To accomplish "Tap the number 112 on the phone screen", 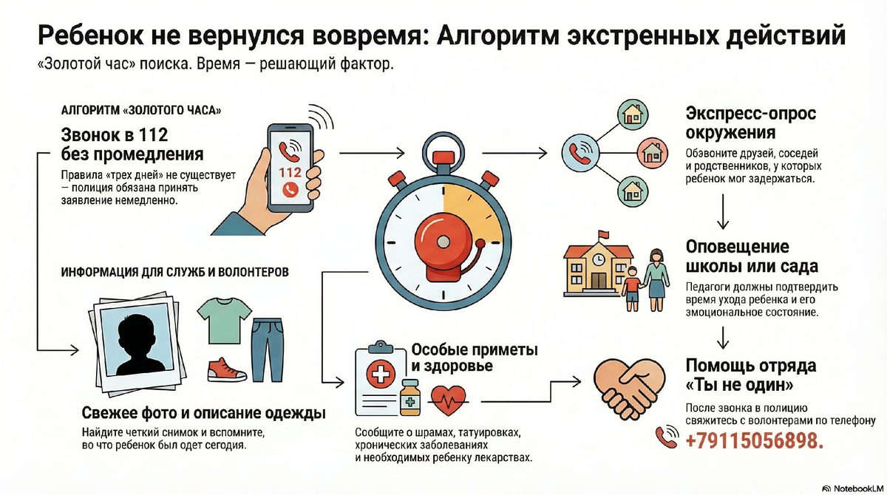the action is (x=291, y=171).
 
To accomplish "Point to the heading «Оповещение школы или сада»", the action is (x=747, y=256).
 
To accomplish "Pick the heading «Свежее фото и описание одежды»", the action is (x=203, y=412).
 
